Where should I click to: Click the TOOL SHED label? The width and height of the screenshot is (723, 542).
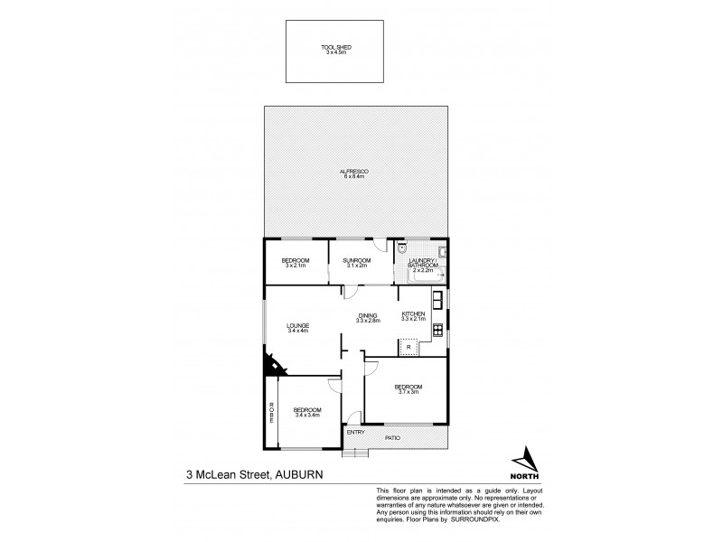tap(335, 46)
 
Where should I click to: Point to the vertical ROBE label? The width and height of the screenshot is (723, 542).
tap(270, 413)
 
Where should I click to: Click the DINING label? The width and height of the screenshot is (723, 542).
tap(368, 314)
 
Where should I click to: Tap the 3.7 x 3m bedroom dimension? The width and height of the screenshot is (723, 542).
tap(408, 392)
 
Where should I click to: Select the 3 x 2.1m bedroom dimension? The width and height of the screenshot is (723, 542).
tap(296, 266)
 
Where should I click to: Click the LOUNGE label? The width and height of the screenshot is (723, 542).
tap(298, 325)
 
